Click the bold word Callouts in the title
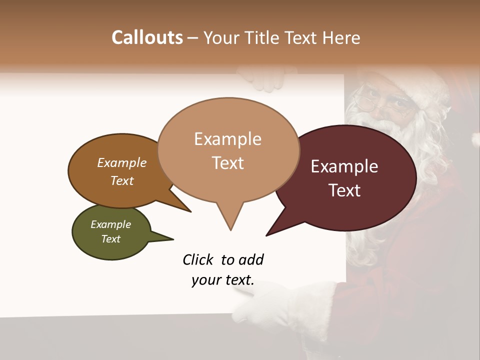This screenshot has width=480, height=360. click(x=147, y=37)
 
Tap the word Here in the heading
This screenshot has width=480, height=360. click(x=341, y=37)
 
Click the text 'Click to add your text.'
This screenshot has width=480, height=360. click(x=223, y=270)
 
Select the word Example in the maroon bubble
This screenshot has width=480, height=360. click(x=344, y=166)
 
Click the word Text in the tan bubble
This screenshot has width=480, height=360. click(x=228, y=163)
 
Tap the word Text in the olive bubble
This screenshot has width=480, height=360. click(x=111, y=239)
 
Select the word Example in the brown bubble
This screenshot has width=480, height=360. click(x=122, y=162)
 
